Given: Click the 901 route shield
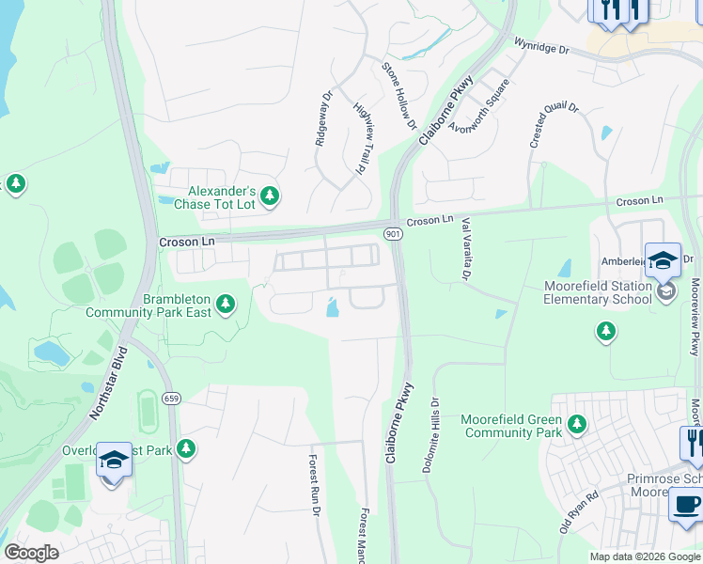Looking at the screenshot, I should point(392,232).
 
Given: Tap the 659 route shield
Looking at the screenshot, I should point(171,399).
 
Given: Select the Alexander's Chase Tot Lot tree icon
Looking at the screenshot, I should point(271,196).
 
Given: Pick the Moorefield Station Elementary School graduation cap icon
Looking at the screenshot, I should point(662,260).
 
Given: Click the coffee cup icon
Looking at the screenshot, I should point(685,503).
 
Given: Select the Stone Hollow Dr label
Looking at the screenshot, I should point(398,95).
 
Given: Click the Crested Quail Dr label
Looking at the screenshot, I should point(554,124).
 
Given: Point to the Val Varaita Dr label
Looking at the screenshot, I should point(464,249).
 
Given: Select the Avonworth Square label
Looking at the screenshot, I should point(479,106).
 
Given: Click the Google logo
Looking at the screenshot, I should point(31,553).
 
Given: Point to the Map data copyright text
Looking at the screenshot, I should point(645,556).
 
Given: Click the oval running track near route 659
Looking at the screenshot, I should point(147,408).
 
